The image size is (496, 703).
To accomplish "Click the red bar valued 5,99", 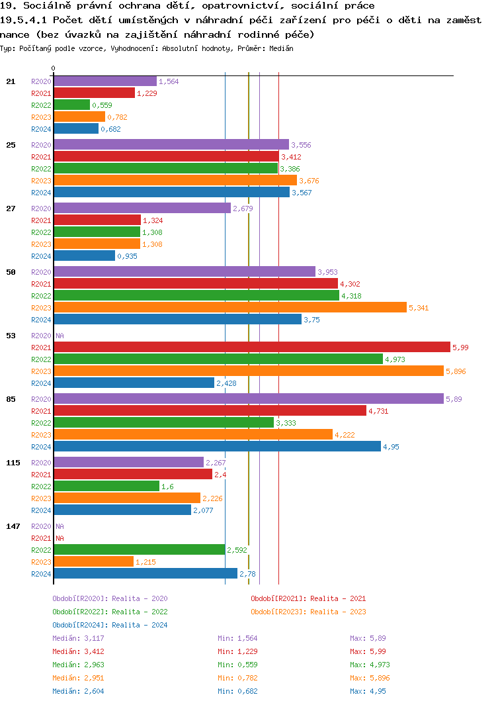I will (251, 348).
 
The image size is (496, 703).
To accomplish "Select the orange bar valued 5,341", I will (229, 308).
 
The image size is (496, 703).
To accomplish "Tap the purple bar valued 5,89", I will (248, 398).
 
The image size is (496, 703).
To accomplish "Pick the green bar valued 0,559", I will (71, 105).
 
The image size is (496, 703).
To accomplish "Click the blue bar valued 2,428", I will (134, 383).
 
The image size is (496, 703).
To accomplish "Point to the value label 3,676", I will (310, 181).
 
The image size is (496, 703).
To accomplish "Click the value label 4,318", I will (351, 296).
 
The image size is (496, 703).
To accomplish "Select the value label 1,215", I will (145, 562).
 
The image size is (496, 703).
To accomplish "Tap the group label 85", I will (11, 399).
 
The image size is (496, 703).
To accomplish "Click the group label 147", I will (13, 526).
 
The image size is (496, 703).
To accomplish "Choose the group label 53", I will (11, 336).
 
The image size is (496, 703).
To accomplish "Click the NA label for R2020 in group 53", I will (60, 336).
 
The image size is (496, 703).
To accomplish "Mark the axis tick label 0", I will (54, 68).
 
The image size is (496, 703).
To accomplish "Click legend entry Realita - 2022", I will (110, 612).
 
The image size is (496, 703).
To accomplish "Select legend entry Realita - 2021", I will (308, 598).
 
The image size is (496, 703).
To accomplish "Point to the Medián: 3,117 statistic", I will (78, 638).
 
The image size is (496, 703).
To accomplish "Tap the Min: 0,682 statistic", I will (237, 691).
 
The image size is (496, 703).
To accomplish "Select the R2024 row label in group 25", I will (41, 193).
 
